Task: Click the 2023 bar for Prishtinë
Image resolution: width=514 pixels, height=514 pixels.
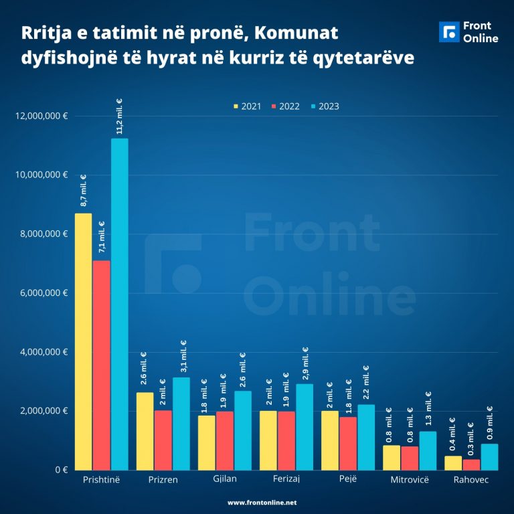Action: pos(120,304)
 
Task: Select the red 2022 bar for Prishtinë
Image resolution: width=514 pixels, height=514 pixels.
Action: pos(102,365)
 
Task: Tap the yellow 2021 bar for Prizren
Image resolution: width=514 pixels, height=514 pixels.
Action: pos(145,431)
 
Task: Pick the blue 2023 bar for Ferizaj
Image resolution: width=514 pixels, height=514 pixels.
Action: pos(305,426)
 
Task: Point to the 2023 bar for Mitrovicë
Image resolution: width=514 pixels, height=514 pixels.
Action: pos(428,450)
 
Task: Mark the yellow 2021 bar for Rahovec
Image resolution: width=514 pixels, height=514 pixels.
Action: pos(453,462)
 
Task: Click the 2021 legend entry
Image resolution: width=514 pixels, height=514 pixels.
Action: pos(247,106)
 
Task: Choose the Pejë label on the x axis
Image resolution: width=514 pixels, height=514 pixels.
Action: pos(348,480)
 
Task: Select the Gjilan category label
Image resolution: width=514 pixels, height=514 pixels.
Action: pos(225,480)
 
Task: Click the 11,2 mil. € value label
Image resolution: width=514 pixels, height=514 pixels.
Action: pos(120,118)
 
